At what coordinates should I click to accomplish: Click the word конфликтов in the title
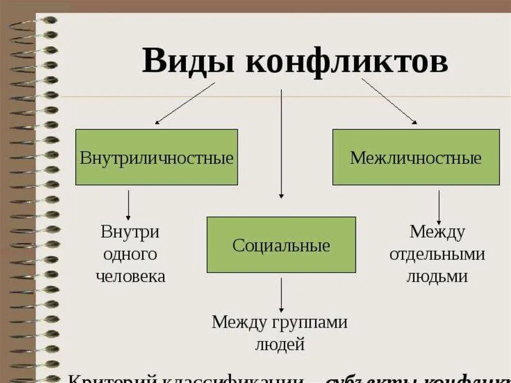coord(346,62)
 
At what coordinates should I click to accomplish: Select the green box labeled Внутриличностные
coord(157,157)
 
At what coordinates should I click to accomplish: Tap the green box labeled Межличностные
coord(416,157)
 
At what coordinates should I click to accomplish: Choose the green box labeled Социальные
coord(281,245)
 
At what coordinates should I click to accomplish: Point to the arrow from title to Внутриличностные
coord(185,103)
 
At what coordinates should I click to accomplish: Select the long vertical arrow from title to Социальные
coord(281,145)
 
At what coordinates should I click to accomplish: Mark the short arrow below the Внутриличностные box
coord(128,205)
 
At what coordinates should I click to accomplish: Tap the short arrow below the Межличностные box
coord(439,207)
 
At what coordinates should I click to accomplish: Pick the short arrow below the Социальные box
coord(281,295)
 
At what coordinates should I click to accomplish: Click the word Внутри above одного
coord(130,232)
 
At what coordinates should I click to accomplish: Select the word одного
coord(130,254)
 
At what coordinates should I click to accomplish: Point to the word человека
coord(130,276)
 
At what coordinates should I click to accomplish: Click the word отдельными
coord(437,254)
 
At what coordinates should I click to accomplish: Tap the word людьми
coord(437,276)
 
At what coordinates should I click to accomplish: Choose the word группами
coord(310,323)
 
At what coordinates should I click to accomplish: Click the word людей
coord(279,344)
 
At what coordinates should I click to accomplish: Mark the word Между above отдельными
coord(437,232)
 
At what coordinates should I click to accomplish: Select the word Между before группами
coord(239,322)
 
